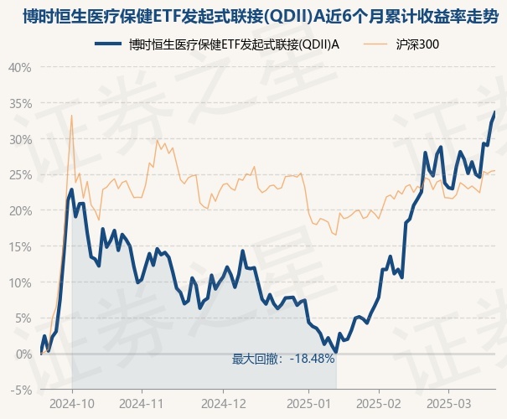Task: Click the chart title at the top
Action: point(253,14)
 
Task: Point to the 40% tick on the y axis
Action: point(19,67)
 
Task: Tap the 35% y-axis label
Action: point(19,103)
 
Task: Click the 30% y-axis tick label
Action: point(19,139)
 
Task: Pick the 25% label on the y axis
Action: point(19,175)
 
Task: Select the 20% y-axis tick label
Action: point(19,210)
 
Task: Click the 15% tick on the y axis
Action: point(19,246)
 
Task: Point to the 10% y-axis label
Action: point(19,282)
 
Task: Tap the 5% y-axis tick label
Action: point(23,318)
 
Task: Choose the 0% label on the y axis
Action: point(23,354)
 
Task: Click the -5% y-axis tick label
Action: point(21,390)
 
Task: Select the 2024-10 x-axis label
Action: point(72,403)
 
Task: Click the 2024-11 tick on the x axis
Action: point(141,403)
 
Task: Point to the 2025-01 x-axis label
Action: point(310,403)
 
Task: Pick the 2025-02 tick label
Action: point(379,403)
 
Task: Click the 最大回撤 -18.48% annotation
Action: point(283,359)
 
